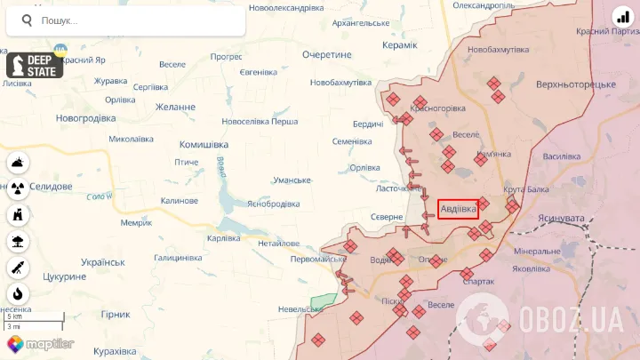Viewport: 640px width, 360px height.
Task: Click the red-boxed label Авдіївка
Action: pyautogui.click(x=459, y=209)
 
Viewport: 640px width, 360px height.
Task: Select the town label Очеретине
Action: pyautogui.click(x=326, y=54)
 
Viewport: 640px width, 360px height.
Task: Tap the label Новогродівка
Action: pyautogui.click(x=85, y=118)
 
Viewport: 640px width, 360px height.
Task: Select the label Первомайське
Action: pyautogui.click(x=318, y=259)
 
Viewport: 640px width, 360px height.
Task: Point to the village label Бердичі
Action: pyautogui.click(x=368, y=124)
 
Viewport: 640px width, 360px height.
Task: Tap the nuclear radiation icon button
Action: pyautogui.click(x=19, y=188)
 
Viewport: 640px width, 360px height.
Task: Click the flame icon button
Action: pyautogui.click(x=19, y=293)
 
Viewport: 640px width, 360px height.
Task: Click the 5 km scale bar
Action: pyautogui.click(x=34, y=317)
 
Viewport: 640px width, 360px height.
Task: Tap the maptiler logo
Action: pyautogui.click(x=40, y=344)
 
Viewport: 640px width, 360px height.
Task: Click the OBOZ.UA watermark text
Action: pyautogui.click(x=569, y=317)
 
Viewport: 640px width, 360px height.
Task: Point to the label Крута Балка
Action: pyautogui.click(x=525, y=189)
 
